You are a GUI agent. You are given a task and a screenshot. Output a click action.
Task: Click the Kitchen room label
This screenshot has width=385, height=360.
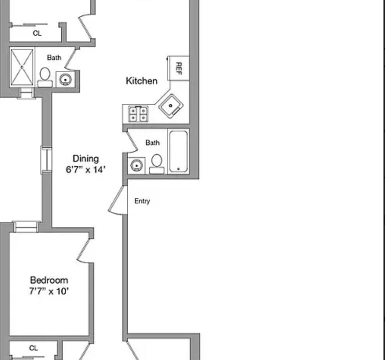coord(141,81)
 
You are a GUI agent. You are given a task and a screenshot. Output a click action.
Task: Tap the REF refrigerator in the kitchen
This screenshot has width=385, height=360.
coord(178,67)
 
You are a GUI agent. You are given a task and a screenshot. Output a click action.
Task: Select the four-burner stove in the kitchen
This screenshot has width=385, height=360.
coord(138,114)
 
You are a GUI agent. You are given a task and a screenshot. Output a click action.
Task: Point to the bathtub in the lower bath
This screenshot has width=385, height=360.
coord(178,151)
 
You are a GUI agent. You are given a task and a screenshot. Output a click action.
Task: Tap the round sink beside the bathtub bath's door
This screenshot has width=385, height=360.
coord(136,165)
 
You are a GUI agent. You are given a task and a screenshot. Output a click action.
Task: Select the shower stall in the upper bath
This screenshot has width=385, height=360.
coord(22,67)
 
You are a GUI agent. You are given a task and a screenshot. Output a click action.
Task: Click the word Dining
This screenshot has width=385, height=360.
coord(85,159)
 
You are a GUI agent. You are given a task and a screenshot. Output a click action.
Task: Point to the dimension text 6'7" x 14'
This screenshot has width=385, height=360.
coord(85,169)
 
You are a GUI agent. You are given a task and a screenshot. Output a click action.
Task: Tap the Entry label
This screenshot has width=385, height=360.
coord(142,201)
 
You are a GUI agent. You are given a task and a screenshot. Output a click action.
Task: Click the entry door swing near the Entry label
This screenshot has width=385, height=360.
coord(118,200)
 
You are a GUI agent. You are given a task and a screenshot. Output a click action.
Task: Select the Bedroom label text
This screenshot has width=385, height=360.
coord(48,280)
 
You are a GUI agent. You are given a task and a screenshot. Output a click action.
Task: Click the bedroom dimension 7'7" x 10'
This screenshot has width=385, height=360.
coord(48,290)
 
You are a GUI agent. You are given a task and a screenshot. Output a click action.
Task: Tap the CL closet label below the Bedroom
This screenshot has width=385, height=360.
coord(33,348)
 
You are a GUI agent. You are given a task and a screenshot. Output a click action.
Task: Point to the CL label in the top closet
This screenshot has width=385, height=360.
coord(37,33)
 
